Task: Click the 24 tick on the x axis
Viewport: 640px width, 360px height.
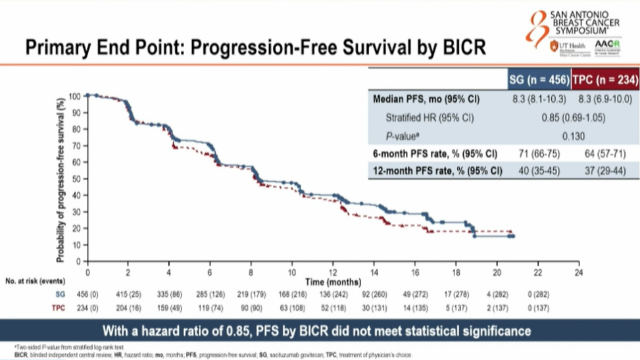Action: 578,271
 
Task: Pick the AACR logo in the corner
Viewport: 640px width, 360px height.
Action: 603,44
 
